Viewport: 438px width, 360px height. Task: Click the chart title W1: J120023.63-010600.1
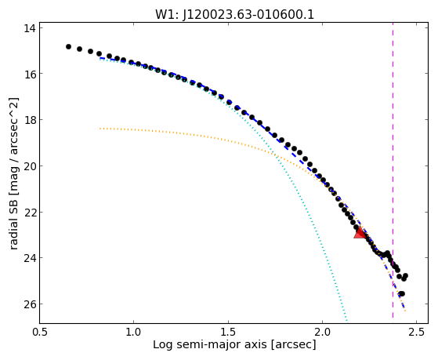(x=234, y=14)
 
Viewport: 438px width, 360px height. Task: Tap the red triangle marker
(x=360, y=233)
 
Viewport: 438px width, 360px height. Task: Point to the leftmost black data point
(x=68, y=47)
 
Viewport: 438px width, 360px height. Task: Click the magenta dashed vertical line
(x=393, y=170)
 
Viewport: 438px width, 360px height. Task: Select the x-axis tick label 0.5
(x=40, y=332)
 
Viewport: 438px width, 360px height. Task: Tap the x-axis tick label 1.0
(x=134, y=332)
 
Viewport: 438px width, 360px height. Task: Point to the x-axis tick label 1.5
(x=228, y=332)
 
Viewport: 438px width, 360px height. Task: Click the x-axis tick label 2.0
(x=322, y=332)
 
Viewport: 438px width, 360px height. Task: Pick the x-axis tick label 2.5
(x=417, y=332)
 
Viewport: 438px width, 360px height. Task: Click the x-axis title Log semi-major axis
(x=210, y=345)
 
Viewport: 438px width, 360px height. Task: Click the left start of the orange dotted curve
(x=100, y=129)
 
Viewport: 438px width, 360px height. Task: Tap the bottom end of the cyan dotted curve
(x=346, y=320)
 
